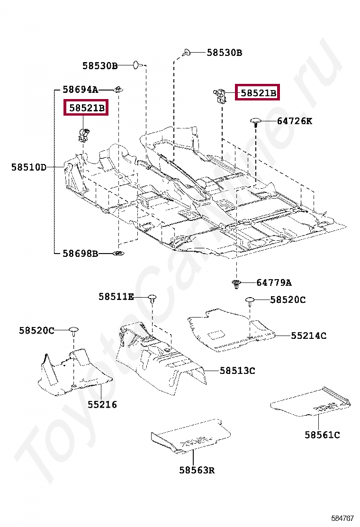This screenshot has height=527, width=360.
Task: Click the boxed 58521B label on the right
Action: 258,93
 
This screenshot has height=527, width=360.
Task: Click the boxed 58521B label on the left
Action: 87,108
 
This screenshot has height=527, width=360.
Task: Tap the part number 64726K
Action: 294,121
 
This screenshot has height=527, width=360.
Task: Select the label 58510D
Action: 29,167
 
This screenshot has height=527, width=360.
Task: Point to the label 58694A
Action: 80,89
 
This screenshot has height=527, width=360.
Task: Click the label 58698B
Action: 80,254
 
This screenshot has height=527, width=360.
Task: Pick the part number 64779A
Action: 274,283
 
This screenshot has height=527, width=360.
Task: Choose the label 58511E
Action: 116,297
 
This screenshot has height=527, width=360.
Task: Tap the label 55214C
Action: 308,336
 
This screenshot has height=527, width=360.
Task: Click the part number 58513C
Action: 237,371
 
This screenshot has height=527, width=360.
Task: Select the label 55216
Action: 102,405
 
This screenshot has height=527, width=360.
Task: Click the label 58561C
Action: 322,435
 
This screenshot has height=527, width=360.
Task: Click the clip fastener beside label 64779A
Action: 236,284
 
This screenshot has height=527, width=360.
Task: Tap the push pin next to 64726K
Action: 256,122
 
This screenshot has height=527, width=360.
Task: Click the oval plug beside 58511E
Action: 152,298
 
